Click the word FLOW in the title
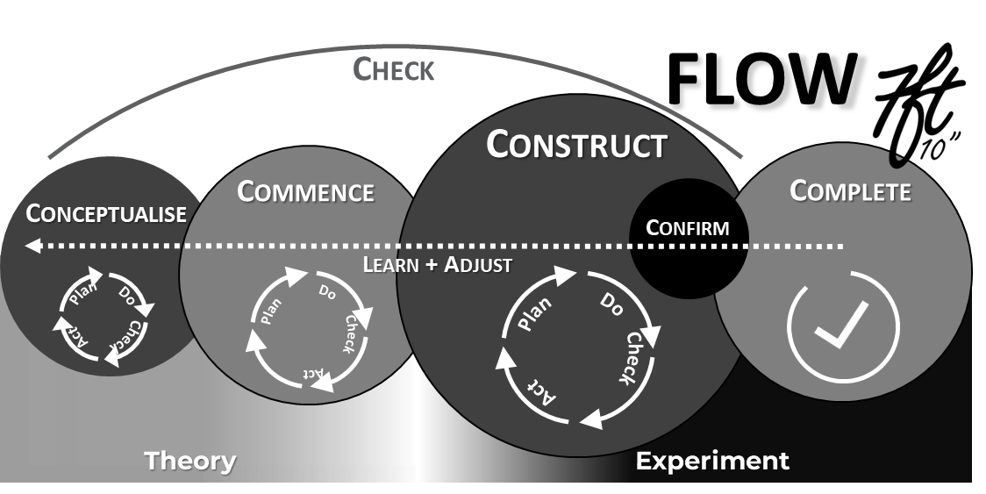tap(761, 79)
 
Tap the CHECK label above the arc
tap(393, 69)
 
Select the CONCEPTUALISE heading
tap(106, 213)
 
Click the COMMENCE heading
tap(305, 191)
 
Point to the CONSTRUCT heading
tap(576, 145)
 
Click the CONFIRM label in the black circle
tap(687, 228)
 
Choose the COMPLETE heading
tap(850, 190)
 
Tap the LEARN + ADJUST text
tap(437, 264)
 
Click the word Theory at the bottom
tap(189, 460)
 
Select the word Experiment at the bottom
tap(712, 460)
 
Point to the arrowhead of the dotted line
tap(33, 247)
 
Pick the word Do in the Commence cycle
tap(327, 290)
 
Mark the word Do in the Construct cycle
tap(611, 304)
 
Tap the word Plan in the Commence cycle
tap(271, 311)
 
